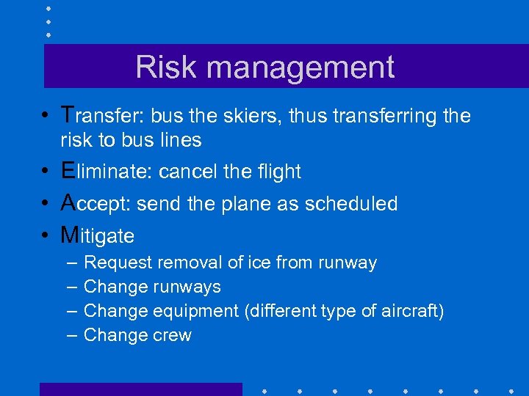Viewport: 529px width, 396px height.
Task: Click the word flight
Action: point(278,172)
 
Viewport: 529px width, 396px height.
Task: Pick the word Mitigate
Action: point(98,236)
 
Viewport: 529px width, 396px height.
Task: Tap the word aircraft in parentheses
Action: point(410,311)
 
